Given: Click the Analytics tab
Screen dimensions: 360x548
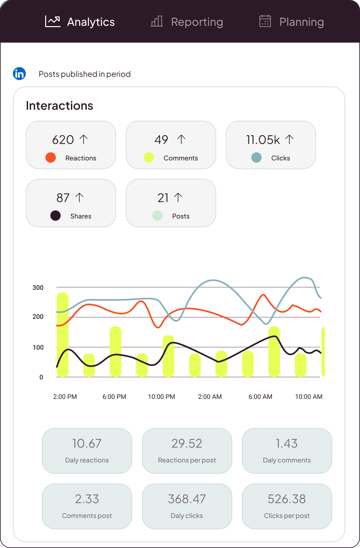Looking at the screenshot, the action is pos(80,22).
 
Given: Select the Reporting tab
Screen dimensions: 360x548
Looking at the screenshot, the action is pos(187,22).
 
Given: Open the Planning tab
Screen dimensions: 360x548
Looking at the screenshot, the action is pos(292,22).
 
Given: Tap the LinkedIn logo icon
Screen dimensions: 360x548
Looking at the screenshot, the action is pos(19,74).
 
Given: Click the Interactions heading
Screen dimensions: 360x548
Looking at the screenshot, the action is pos(59,106).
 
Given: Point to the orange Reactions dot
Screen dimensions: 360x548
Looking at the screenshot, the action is pos(51,157).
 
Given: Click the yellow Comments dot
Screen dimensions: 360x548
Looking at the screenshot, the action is pos(149,157).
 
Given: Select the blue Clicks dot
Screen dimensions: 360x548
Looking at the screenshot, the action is pos(256,157).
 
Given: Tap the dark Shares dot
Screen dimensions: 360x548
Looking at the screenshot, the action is pos(55,216).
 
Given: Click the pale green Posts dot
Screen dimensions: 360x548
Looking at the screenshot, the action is pos(157,216).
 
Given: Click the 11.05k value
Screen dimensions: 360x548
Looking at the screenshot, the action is pos(263,140).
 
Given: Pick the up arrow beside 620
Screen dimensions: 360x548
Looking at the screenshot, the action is pos(84,139).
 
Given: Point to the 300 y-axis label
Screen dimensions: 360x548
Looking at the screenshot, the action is pos(38,288).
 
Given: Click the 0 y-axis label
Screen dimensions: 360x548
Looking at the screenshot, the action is pos(41,377).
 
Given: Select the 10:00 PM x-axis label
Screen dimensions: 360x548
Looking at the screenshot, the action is pos(161,397).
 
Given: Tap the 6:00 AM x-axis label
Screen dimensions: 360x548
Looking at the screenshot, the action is pos(260,397).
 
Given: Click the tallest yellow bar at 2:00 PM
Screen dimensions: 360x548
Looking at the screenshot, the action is pos(63,335).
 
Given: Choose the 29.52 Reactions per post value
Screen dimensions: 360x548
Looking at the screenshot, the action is pos(187,443).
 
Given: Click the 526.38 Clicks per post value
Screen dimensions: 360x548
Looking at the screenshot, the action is pos(287,499).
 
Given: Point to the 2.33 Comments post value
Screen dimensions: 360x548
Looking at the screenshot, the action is pos(87,499).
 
